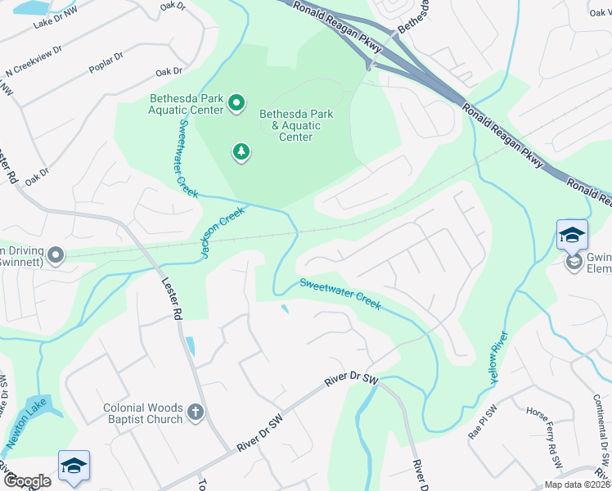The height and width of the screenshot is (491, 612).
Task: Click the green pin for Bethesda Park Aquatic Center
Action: pos(236,103)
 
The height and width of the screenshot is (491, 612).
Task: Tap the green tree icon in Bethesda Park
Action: pos(241,152)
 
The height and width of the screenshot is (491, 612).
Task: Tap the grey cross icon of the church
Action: pos(195,412)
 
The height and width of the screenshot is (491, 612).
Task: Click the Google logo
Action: pos(27,481)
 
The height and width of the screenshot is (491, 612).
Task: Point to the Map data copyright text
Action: pos(576,484)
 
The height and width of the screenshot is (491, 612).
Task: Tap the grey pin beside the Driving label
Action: pos(56,256)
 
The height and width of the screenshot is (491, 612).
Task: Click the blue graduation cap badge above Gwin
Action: pos(572,236)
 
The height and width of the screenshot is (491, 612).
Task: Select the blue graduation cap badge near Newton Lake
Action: pos(74,466)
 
